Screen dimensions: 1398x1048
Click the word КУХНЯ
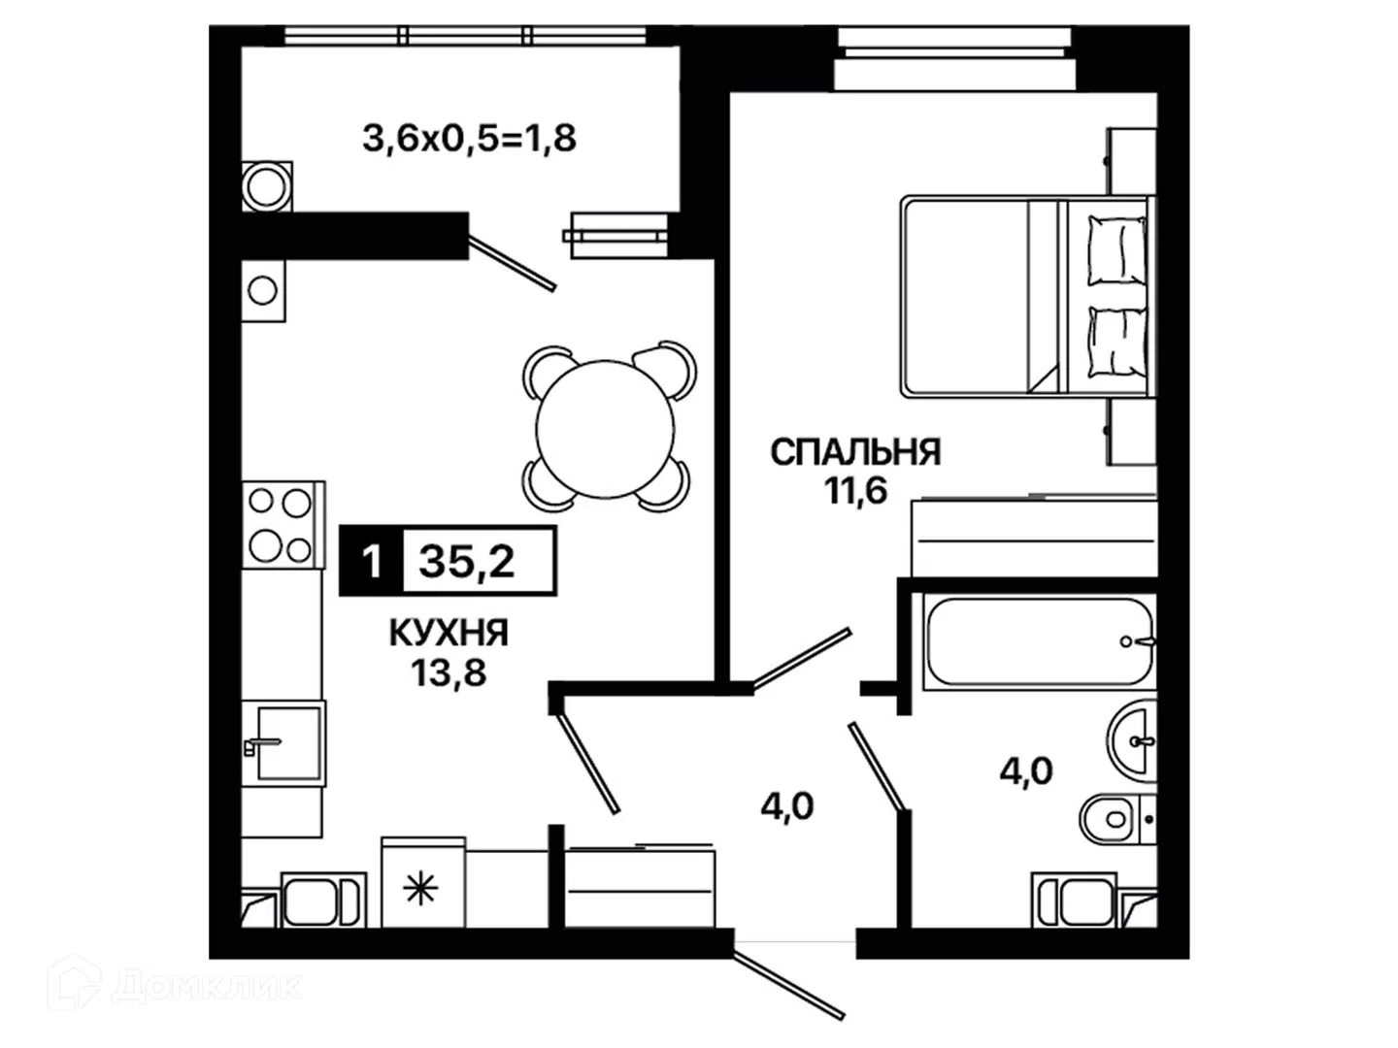click(449, 633)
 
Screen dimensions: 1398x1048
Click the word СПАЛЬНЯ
click(855, 452)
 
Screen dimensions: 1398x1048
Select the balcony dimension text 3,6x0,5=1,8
click(469, 138)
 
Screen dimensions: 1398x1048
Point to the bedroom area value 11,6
click(855, 491)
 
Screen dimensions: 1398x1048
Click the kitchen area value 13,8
click(449, 671)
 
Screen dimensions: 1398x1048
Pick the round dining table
click(605, 430)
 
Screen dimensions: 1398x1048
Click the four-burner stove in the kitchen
click(283, 525)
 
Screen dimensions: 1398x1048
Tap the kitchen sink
click(284, 743)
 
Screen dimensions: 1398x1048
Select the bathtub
click(1039, 641)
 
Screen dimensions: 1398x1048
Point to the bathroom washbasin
click(1131, 741)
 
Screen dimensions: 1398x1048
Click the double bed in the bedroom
click(1028, 297)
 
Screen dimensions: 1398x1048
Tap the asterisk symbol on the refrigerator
click(421, 890)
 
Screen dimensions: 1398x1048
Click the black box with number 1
click(371, 561)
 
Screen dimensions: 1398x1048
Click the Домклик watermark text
click(207, 987)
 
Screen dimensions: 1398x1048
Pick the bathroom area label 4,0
click(1026, 771)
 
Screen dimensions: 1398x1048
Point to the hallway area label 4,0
click(787, 806)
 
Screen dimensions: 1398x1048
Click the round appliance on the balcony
click(267, 187)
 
